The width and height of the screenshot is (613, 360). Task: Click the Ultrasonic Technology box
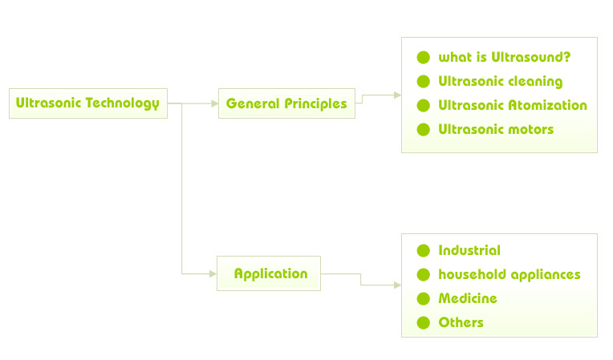point(88,103)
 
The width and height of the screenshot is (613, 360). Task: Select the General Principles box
point(286,103)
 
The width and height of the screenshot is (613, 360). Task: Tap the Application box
point(269,273)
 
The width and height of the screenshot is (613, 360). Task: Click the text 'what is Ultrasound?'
point(505,58)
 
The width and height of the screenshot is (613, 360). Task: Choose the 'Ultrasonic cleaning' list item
point(501,82)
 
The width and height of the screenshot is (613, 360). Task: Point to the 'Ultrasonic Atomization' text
point(513,105)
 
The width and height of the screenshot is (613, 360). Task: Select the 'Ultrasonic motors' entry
point(496,129)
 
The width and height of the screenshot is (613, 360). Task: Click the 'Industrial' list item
point(469,250)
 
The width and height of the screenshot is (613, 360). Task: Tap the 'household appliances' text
point(509,274)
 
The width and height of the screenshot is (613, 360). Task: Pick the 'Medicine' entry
point(468,299)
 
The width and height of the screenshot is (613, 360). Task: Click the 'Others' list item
point(461,322)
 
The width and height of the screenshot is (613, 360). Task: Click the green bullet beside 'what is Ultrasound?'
point(424,58)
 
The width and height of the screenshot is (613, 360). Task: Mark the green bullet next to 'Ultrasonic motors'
point(424,130)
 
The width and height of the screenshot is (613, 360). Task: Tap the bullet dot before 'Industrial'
point(424,251)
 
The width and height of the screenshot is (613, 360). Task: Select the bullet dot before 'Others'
point(424,323)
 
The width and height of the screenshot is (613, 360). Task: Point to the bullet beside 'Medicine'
point(424,299)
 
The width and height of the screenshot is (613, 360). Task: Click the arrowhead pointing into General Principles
point(214,103)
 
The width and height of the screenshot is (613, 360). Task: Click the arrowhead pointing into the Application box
point(213,273)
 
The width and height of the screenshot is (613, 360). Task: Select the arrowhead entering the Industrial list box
point(398,285)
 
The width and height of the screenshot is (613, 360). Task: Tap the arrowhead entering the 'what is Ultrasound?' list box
point(398,95)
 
